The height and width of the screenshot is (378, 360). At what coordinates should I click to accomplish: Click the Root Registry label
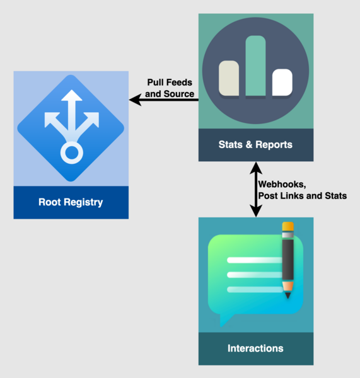(x=71, y=202)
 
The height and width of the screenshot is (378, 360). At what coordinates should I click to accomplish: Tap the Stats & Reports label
(x=255, y=145)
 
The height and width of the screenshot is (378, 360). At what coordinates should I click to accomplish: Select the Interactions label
(x=255, y=348)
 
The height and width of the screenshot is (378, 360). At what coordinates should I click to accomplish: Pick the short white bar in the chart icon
(x=282, y=83)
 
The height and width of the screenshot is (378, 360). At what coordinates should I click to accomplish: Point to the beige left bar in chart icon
(x=229, y=79)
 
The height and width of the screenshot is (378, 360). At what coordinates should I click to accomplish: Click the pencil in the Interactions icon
(x=287, y=261)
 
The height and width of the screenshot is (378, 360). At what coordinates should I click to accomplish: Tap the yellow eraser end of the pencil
(x=288, y=226)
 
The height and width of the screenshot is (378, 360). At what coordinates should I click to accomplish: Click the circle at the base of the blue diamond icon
(x=71, y=152)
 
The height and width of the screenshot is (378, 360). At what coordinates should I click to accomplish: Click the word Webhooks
(x=282, y=184)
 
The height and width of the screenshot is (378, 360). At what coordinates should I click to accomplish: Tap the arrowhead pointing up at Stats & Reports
(x=255, y=168)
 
